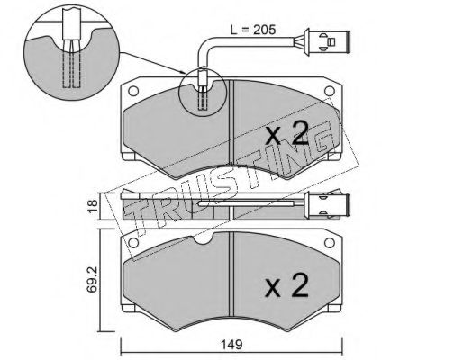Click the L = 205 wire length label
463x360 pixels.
(x=252, y=30)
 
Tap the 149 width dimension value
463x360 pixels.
(x=231, y=345)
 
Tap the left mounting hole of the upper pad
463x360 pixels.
(x=133, y=91)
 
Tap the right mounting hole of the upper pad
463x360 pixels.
(x=330, y=91)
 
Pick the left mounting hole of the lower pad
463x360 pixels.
(x=133, y=243)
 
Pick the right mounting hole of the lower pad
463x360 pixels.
(x=330, y=243)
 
